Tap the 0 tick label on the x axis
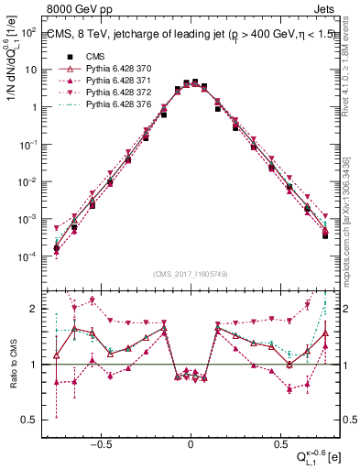(x=191, y=440)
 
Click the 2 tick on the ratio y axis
(x=31, y=309)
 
